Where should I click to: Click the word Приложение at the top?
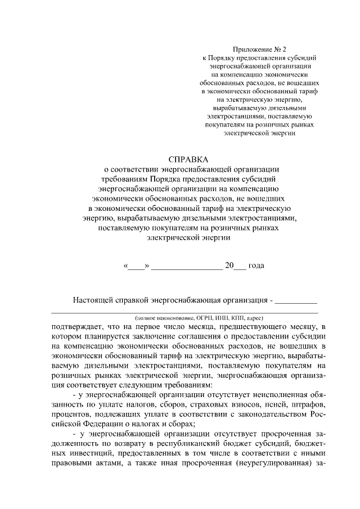coord(251,49)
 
